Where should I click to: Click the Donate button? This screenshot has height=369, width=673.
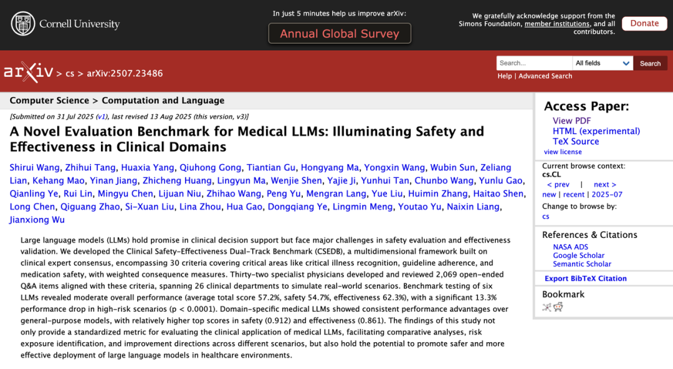pos(644,23)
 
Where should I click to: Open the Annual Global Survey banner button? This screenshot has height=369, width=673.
pos(340,34)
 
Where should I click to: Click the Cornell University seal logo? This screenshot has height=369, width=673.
pos(23,24)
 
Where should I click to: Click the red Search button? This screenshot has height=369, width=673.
pos(650,63)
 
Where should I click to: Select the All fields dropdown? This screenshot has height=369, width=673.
pos(603,63)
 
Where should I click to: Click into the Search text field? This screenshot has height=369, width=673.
pos(534,63)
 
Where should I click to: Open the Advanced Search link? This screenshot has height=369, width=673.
pos(545,76)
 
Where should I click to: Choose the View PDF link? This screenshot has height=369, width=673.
pos(571,121)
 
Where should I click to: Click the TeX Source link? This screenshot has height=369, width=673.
pos(576,141)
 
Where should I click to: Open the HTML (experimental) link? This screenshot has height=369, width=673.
pos(596,131)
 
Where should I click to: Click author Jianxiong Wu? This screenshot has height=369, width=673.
pos(37,220)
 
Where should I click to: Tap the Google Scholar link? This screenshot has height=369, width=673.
pos(579,255)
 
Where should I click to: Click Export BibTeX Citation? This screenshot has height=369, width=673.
pos(586,278)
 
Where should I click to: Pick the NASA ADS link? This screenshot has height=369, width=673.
pos(571,247)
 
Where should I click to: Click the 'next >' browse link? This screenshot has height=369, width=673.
pos(604,185)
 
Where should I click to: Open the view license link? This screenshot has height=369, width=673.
pos(563,152)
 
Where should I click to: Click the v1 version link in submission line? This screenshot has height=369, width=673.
pos(102,116)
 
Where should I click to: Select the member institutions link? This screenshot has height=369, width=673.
pos(557,24)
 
